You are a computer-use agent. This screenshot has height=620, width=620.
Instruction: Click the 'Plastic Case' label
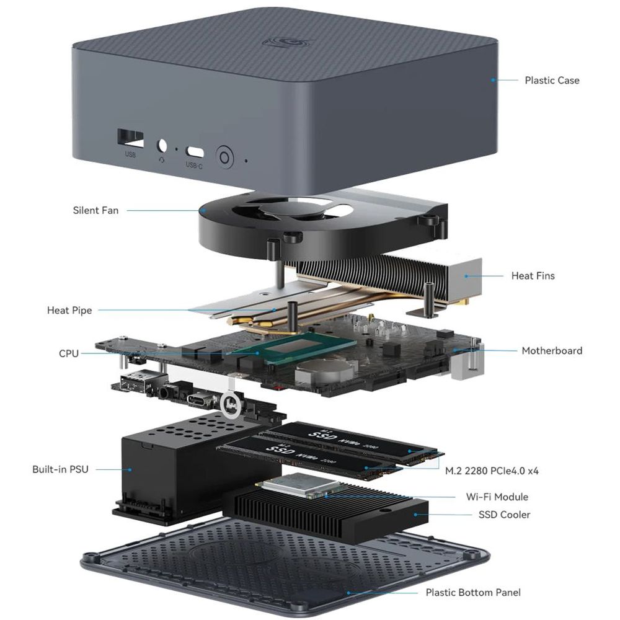point(552,80)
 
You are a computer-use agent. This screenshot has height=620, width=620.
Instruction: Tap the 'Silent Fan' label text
point(95,210)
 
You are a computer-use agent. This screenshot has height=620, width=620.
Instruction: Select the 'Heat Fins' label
point(533,275)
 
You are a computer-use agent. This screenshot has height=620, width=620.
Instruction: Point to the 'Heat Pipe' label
point(69,310)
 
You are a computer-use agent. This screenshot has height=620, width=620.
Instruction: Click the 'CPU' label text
point(69,353)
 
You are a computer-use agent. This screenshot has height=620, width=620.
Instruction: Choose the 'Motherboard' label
point(552,350)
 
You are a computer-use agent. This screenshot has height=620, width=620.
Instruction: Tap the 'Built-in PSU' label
point(60,469)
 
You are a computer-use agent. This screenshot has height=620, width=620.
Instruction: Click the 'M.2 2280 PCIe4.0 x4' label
point(492,471)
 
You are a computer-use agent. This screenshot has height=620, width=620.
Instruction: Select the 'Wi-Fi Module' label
point(497,497)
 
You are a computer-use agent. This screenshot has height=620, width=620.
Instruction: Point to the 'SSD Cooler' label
point(504,515)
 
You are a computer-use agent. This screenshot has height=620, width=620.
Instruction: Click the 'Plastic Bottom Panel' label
point(473,592)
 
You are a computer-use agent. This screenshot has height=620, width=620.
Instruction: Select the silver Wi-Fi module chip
point(291,485)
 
